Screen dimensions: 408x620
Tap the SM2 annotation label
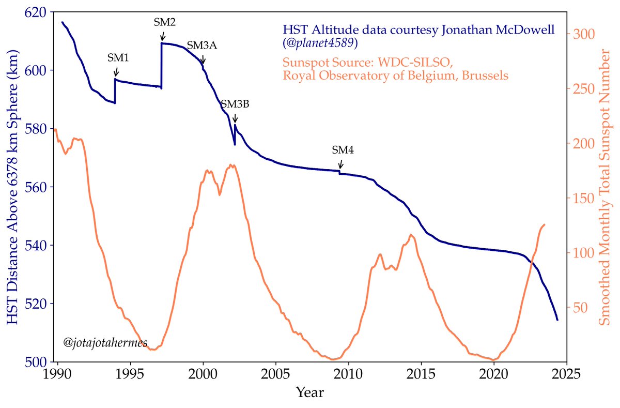(165, 22)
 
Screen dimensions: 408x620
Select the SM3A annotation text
(202, 46)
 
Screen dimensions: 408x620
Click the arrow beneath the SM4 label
(340, 164)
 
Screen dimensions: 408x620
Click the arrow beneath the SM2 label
(163, 36)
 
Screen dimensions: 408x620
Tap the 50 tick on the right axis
(580, 308)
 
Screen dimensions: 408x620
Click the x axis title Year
(310, 392)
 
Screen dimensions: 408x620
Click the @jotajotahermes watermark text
(105, 342)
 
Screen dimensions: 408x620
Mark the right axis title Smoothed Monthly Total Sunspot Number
(603, 187)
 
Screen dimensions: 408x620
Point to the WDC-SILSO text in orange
(413, 63)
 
